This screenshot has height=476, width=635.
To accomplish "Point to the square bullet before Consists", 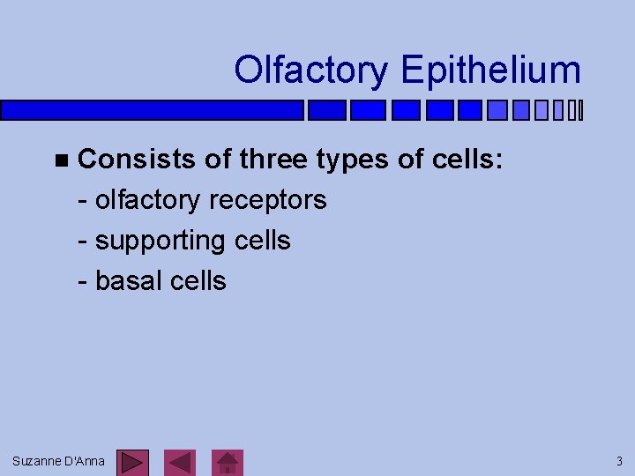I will pos(59,160).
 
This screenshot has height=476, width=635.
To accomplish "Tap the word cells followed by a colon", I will pos(467,160).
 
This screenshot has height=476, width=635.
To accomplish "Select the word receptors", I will pos(268,200).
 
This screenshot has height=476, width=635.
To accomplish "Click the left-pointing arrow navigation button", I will pos(181,463).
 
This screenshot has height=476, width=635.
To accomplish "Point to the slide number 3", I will pos(619,461).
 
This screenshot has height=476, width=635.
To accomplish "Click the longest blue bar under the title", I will pos(152,110).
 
